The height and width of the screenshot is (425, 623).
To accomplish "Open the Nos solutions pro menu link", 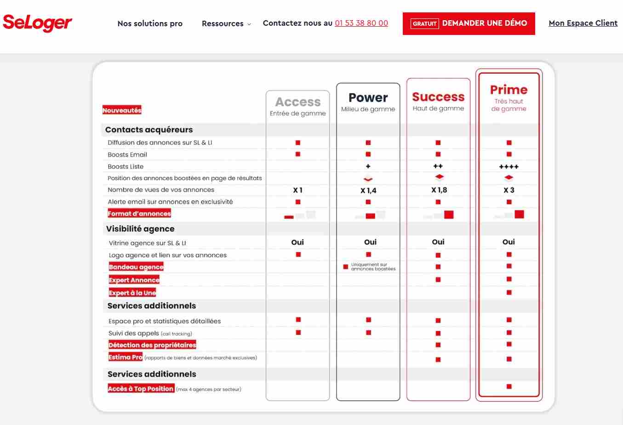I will pyautogui.click(x=150, y=23).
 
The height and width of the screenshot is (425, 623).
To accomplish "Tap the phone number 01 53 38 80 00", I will pyautogui.click(x=361, y=23).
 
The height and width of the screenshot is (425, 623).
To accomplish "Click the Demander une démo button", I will pyautogui.click(x=469, y=23).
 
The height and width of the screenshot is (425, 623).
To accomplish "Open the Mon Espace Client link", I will pyautogui.click(x=583, y=23).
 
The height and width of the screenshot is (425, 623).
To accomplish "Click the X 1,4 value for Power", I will pyautogui.click(x=368, y=190).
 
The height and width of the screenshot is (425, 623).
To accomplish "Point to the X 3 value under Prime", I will pyautogui.click(x=509, y=190).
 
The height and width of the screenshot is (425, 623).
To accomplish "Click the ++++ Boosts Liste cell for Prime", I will pyautogui.click(x=509, y=167).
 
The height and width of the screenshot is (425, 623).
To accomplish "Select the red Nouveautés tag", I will pyautogui.click(x=122, y=110).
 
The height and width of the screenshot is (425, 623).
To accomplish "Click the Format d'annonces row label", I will pyautogui.click(x=139, y=213).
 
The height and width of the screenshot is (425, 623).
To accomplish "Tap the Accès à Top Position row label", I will pyautogui.click(x=141, y=389).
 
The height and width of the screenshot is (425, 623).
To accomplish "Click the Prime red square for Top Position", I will pyautogui.click(x=509, y=387).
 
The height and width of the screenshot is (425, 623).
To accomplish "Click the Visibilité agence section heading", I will pyautogui.click(x=140, y=229).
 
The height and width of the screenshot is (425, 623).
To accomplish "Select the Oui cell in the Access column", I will pyautogui.click(x=297, y=242).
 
